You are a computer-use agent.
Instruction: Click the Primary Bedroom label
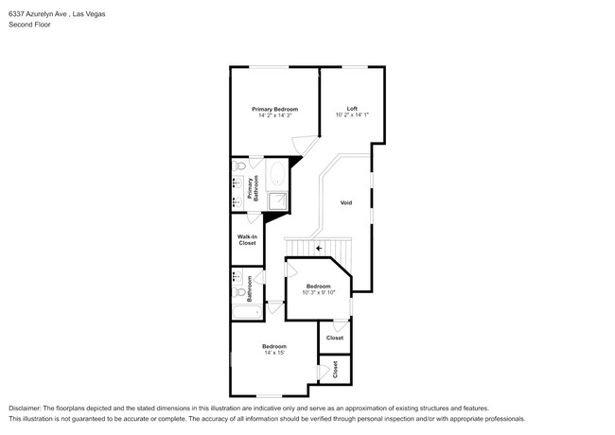(274, 109)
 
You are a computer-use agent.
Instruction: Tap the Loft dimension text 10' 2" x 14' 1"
(351, 115)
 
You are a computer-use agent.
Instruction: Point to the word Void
(346, 202)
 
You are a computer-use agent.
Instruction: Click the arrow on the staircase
(319, 249)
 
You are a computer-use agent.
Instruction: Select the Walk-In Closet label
(247, 240)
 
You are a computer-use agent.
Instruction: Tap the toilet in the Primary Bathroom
(240, 166)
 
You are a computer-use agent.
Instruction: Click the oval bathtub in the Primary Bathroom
(277, 174)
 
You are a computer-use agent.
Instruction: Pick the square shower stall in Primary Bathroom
(278, 200)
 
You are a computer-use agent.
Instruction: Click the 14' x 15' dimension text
(274, 353)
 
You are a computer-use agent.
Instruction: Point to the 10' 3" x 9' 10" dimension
(318, 292)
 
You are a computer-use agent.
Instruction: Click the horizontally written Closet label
(335, 338)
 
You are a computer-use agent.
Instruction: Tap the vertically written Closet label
(335, 370)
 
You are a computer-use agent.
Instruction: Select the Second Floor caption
(29, 25)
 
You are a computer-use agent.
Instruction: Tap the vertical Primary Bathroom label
(251, 187)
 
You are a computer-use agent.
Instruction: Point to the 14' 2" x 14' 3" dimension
(274, 115)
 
